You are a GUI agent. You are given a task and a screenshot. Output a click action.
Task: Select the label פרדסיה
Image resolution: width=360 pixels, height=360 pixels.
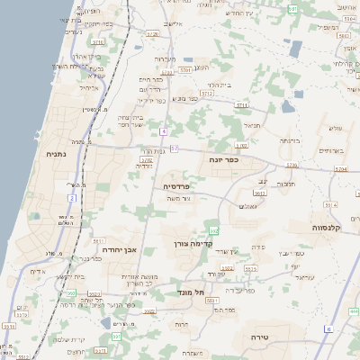(176, 186)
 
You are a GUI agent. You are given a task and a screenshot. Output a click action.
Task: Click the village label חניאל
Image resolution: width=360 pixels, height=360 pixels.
(252, 126)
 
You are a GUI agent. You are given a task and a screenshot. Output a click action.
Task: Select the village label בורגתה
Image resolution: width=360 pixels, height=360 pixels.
(288, 141)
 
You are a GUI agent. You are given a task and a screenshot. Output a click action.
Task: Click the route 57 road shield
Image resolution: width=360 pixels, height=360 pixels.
(174, 148)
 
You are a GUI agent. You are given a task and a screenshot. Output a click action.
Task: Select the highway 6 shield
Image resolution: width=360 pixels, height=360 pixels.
(328, 329)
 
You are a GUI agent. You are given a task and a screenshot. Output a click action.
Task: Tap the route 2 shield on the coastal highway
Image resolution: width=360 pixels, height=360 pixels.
(71, 197)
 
